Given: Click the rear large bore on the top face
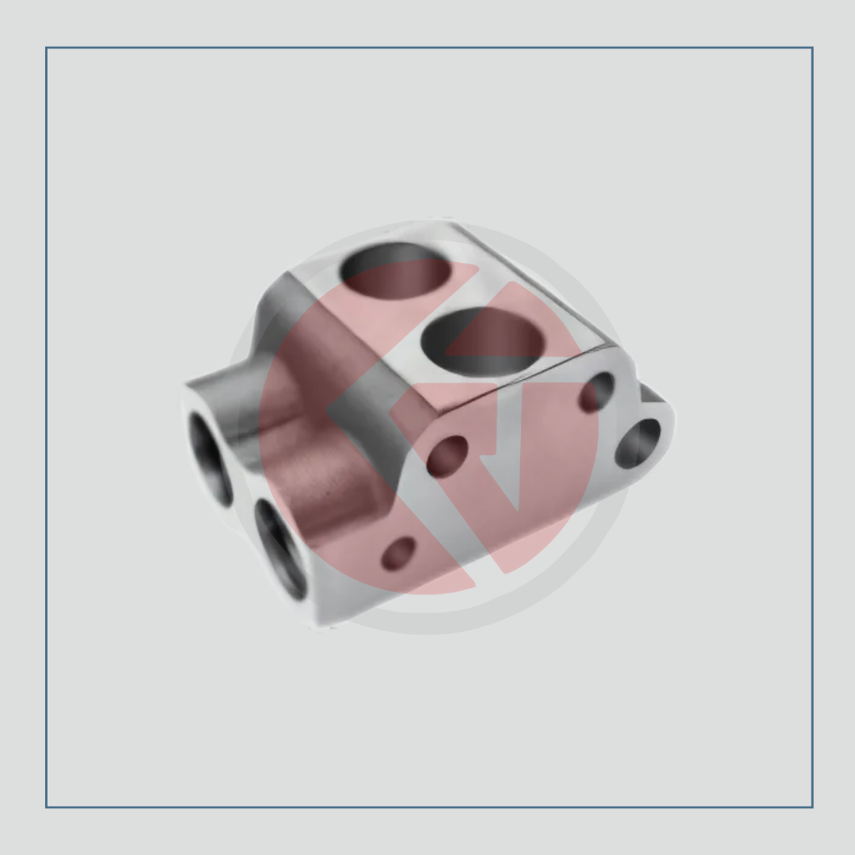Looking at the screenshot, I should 396,269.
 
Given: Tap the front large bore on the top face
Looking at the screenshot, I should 482,340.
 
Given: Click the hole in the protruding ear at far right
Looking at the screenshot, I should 638,443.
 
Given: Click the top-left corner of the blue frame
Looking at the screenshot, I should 47,48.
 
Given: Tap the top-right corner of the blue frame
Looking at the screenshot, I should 812,48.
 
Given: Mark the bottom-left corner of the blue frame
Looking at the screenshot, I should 47,807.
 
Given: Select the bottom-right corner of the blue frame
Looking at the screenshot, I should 812,807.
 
